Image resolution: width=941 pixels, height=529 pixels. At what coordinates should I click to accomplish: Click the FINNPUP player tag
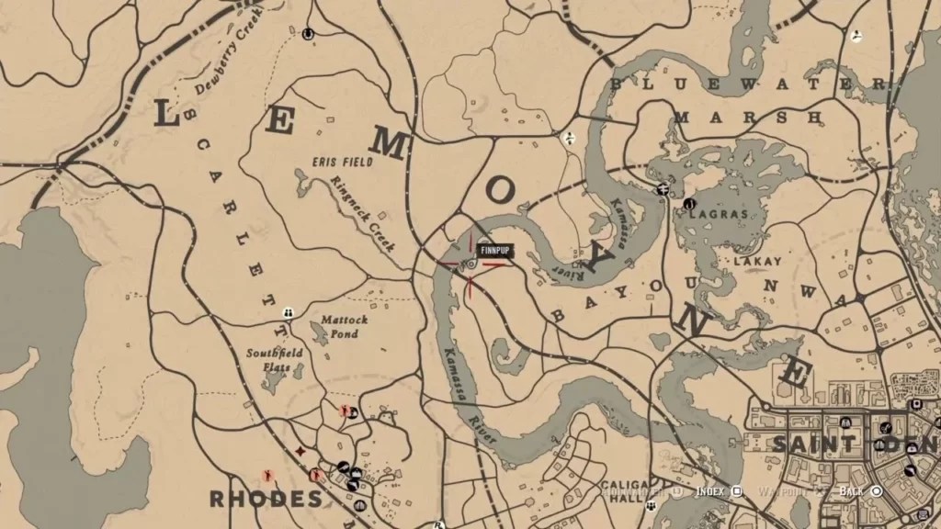pyautogui.click(x=494, y=250)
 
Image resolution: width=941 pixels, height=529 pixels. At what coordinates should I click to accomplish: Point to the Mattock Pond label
pyautogui.click(x=345, y=327)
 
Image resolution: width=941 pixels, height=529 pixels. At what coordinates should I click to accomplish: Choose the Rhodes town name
pyautogui.click(x=266, y=499)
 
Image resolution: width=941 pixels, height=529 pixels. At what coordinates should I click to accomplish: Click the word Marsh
pyautogui.click(x=747, y=118)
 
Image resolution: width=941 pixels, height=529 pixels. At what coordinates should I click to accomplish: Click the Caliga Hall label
pyautogui.click(x=625, y=490)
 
